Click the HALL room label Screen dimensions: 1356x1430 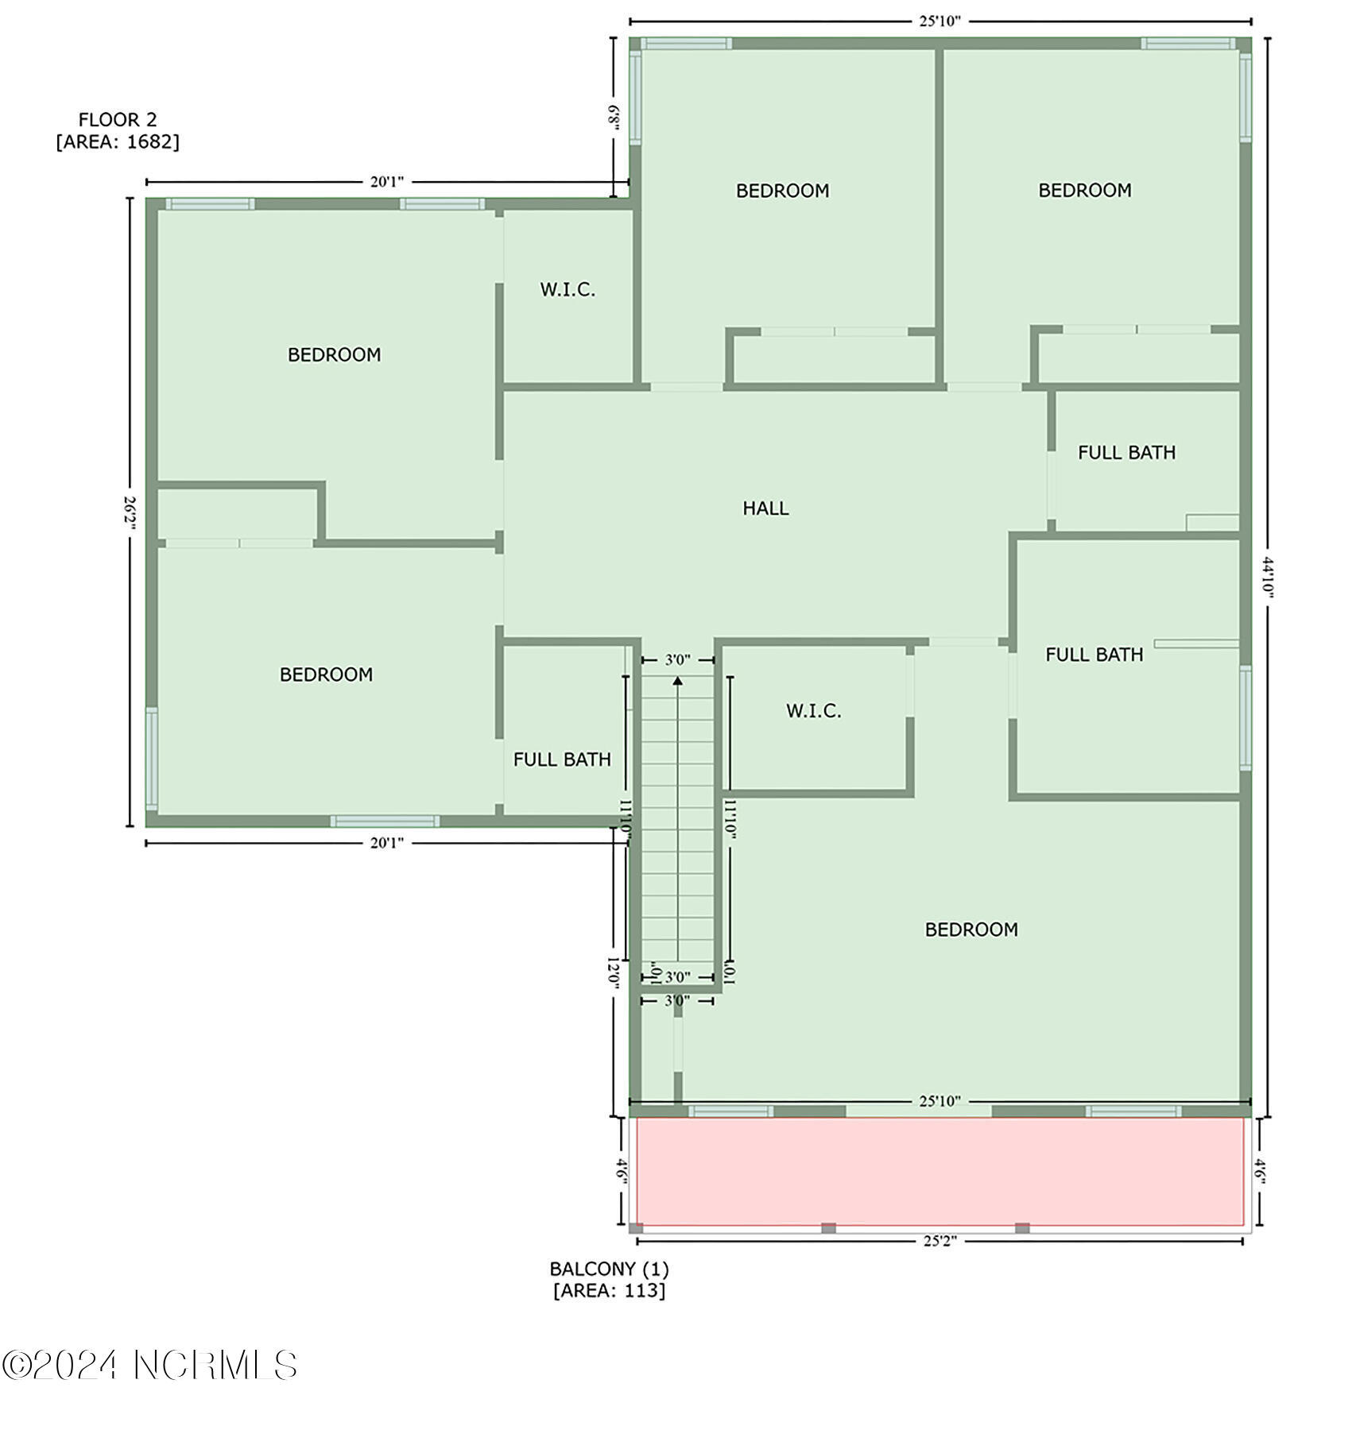pyautogui.click(x=765, y=508)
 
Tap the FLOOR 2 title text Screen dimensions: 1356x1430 pyautogui.click(x=118, y=120)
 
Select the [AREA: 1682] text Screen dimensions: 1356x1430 pyautogui.click(x=118, y=141)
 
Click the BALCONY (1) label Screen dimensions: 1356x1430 pyautogui.click(x=610, y=1269)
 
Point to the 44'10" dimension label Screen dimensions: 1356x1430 pyautogui.click(x=1267, y=578)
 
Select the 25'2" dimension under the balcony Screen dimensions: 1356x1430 pyautogui.click(x=940, y=1241)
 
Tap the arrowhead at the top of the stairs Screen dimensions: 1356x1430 pyautogui.click(x=677, y=680)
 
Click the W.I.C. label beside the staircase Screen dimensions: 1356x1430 pyautogui.click(x=814, y=711)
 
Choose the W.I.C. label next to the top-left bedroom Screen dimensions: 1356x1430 pyautogui.click(x=568, y=290)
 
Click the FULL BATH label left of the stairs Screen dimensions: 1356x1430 pyautogui.click(x=562, y=759)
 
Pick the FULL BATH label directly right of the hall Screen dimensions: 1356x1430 pyautogui.click(x=1126, y=453)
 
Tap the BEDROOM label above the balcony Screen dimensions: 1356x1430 pyautogui.click(x=971, y=929)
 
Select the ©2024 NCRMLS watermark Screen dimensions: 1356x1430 pyautogui.click(x=149, y=1365)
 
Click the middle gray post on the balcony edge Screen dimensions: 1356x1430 pyautogui.click(x=828, y=1228)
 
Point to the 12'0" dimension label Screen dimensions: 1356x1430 pyautogui.click(x=613, y=971)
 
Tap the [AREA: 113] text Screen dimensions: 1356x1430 pyautogui.click(x=610, y=1290)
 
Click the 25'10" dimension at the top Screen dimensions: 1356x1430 pyautogui.click(x=940, y=21)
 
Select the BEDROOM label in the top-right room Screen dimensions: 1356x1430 pyautogui.click(x=1085, y=191)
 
